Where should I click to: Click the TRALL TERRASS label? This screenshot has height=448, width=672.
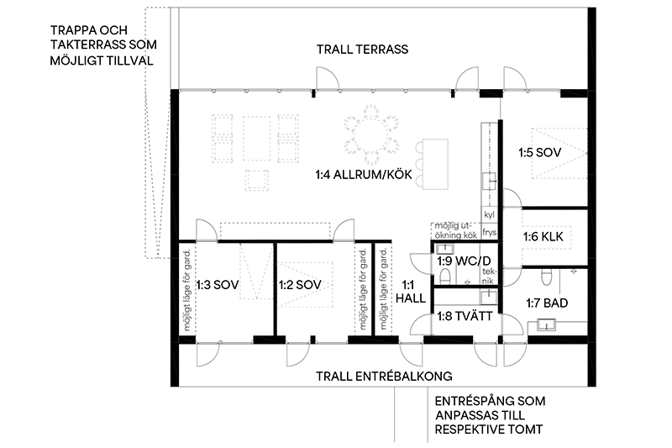point(363,50)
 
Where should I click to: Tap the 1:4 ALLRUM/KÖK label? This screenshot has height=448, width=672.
point(364,175)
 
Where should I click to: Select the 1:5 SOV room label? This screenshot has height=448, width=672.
point(539,153)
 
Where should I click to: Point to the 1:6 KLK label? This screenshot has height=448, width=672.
point(543,237)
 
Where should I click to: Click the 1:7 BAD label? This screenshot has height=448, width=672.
point(547,303)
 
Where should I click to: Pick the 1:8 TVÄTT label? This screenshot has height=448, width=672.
point(465,317)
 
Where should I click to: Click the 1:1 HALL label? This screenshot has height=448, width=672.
point(410,292)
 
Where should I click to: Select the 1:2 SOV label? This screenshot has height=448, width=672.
point(300,285)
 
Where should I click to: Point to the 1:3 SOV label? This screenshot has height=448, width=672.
point(218,285)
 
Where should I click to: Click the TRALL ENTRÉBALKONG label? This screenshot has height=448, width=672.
point(384,377)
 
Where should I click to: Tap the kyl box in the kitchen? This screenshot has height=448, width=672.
point(489,215)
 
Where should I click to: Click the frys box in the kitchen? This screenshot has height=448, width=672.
point(489,232)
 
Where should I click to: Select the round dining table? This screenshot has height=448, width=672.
point(371,135)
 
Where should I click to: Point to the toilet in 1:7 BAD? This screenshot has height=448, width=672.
point(546,277)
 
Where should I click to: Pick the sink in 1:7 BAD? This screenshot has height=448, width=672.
point(546,324)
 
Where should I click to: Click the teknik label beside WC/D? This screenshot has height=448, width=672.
point(489,276)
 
